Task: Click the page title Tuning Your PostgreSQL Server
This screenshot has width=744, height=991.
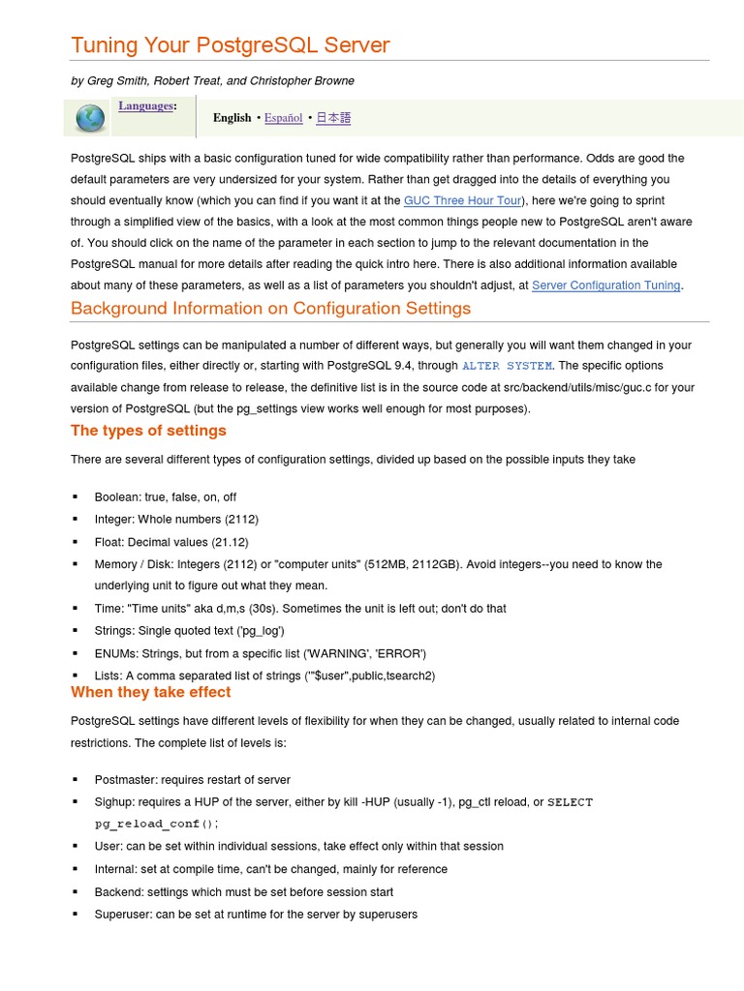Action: pyautogui.click(x=230, y=45)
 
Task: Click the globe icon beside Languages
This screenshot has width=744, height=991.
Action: pyautogui.click(x=89, y=118)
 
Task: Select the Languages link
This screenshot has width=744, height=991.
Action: pyautogui.click(x=146, y=105)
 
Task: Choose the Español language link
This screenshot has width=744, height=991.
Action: pyautogui.click(x=283, y=118)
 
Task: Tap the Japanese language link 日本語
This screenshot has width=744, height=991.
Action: pyautogui.click(x=333, y=118)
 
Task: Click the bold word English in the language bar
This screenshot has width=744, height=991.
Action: pyautogui.click(x=232, y=118)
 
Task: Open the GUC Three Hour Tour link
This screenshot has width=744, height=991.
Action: pyautogui.click(x=463, y=200)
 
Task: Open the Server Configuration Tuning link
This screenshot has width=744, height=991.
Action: pyautogui.click(x=606, y=285)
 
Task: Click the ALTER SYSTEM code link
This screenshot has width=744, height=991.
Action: pyautogui.click(x=507, y=366)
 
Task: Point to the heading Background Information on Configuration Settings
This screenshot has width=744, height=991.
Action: pyautogui.click(x=270, y=309)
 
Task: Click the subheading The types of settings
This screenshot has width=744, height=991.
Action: pyautogui.click(x=148, y=431)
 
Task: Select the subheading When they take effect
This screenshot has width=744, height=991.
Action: pyautogui.click(x=150, y=692)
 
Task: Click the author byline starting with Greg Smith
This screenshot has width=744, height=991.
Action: pyautogui.click(x=212, y=81)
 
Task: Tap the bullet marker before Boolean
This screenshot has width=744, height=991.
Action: pyautogui.click(x=75, y=497)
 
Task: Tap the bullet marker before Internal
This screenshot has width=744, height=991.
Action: pyautogui.click(x=75, y=869)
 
